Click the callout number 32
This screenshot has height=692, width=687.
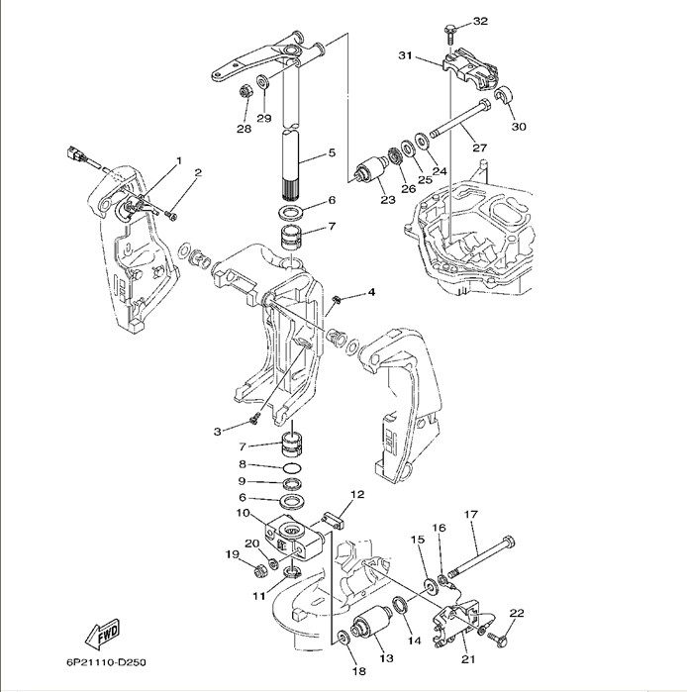[481, 21]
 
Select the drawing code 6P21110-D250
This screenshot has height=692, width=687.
[112, 662]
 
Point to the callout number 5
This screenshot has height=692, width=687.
[331, 152]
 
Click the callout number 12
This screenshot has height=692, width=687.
[357, 493]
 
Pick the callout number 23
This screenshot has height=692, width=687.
[387, 199]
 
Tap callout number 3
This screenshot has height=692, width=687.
[217, 431]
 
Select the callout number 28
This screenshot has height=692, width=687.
[244, 128]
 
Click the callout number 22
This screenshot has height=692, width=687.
[516, 613]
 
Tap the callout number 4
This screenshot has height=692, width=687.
[371, 292]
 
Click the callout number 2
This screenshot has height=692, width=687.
[197, 173]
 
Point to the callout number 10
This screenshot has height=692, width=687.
[243, 512]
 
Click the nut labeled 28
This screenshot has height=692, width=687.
[244, 95]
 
